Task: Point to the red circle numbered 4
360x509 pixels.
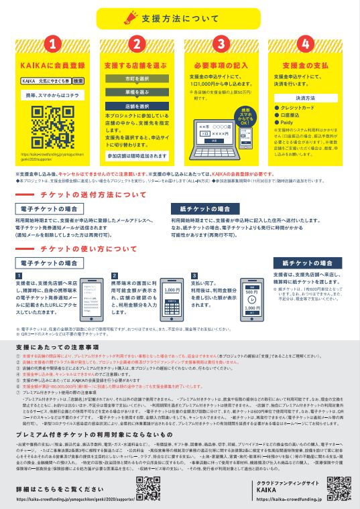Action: [x=306, y=46]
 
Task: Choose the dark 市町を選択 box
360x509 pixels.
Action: [x=137, y=79]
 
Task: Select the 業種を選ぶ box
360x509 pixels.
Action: [x=137, y=92]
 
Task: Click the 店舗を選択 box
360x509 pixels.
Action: [x=137, y=106]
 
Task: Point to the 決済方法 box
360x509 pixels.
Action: [x=306, y=98]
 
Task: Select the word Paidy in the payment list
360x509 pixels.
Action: [x=290, y=123]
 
